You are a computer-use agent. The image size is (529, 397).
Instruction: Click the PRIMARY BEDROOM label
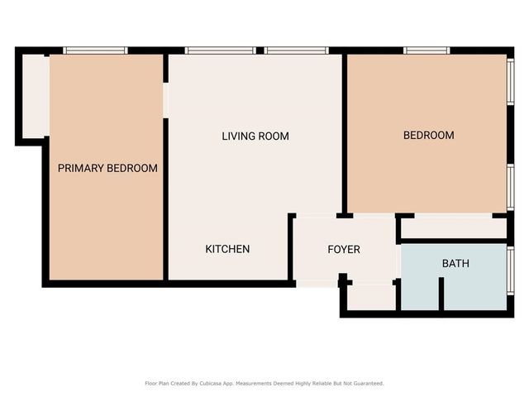point(107,168)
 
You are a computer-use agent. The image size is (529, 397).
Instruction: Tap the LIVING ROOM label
point(255,136)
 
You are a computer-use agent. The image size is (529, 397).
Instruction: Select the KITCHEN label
point(227,249)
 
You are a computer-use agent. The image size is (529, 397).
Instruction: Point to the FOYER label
point(344,249)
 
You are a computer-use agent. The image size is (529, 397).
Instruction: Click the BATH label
point(455,264)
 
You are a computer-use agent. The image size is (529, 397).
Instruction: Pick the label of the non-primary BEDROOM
point(428,135)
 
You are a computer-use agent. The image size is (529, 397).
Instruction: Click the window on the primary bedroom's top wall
point(96,50)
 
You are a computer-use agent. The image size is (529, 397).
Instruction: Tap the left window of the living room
point(220,50)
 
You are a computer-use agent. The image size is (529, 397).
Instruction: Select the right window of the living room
point(296,50)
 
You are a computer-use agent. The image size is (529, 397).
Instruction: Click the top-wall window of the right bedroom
point(427,50)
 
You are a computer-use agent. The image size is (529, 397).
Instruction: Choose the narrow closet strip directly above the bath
point(453,228)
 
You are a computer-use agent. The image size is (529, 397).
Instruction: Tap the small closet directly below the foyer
point(371,296)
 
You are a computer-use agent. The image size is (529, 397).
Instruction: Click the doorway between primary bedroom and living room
point(166,99)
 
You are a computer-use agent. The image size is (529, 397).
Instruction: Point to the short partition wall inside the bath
point(441,294)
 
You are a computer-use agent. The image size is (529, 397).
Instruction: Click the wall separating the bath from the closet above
point(453,242)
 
